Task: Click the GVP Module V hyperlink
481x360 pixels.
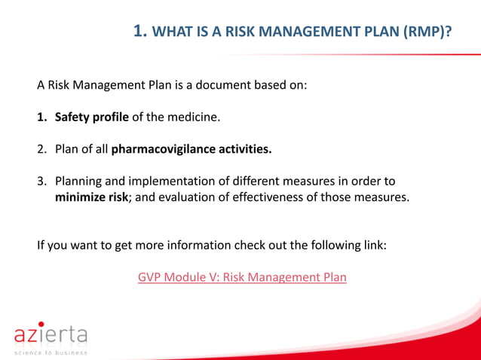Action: click(x=242, y=277)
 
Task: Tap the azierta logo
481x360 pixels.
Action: click(x=51, y=334)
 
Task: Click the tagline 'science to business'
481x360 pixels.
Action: click(x=51, y=352)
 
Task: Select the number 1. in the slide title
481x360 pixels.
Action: click(x=140, y=31)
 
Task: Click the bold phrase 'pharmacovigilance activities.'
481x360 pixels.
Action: click(x=191, y=149)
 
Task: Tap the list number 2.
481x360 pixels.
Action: click(x=43, y=149)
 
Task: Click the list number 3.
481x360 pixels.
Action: click(x=43, y=182)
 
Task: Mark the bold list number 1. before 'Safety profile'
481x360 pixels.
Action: click(x=43, y=117)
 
